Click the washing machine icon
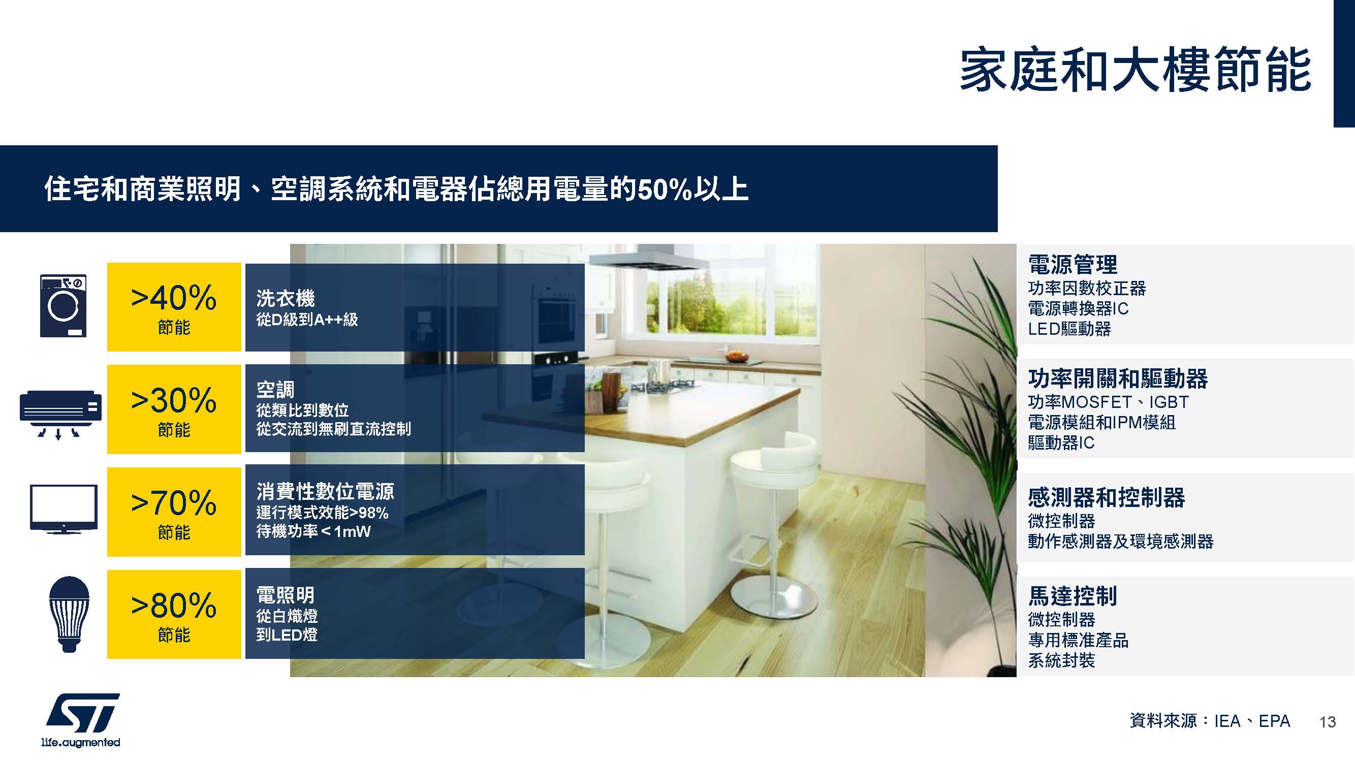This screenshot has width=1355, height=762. pos(63,305)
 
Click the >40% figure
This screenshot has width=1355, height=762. pos(174,298)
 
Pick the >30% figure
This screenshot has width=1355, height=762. pos(174,400)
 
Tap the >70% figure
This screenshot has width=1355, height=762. pos(174,503)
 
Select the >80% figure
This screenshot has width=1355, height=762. pos(174,606)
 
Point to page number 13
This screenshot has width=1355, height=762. pos(1327,722)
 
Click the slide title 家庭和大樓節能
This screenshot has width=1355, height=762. pos(1135,70)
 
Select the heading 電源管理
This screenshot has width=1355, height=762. pos(1073,264)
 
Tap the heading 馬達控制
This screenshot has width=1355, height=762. pos(1073,596)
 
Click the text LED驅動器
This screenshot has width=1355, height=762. pos(1069,329)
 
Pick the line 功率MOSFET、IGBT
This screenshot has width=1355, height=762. pos(1108,402)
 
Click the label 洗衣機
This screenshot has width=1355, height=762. pos(286,298)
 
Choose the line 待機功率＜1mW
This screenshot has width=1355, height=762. pos(313,531)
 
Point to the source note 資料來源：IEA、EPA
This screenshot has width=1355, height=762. pos(1210,720)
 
